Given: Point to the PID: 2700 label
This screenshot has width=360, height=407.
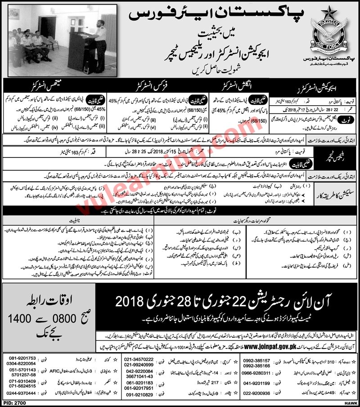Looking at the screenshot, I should coord(13,403).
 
